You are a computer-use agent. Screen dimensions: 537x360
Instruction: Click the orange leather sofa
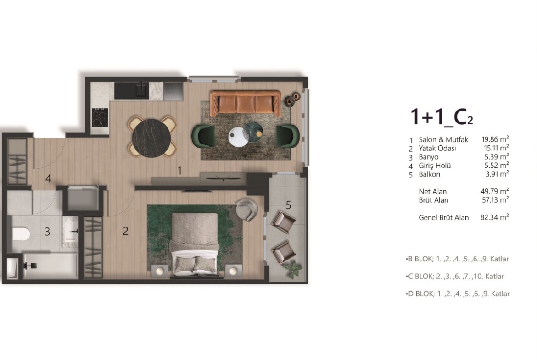click(x=245, y=103)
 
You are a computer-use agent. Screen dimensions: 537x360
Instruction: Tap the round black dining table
click(x=151, y=138)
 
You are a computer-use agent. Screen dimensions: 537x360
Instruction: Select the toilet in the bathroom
click(x=21, y=234)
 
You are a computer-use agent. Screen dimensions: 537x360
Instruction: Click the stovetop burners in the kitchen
click(x=100, y=117)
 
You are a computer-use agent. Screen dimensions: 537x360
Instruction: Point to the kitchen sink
click(x=141, y=89)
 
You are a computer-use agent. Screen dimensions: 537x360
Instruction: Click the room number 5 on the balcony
click(x=288, y=205)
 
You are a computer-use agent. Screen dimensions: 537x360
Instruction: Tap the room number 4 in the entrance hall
click(x=48, y=178)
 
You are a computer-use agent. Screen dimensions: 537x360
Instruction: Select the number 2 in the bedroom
click(x=126, y=231)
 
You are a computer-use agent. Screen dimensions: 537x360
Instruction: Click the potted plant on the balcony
click(x=292, y=268)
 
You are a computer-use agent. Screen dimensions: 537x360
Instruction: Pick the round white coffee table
click(x=238, y=137)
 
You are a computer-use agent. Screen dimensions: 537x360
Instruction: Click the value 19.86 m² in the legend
click(x=495, y=139)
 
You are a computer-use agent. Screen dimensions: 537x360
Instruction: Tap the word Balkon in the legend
click(x=429, y=174)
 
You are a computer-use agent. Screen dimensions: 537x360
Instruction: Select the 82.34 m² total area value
click(x=494, y=217)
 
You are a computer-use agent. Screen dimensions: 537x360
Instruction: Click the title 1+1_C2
click(x=442, y=116)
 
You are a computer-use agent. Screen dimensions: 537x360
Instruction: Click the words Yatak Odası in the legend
click(x=437, y=148)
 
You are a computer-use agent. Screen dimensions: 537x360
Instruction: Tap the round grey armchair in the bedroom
click(x=246, y=210)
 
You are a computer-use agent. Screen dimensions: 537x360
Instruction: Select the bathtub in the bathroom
click(x=50, y=266)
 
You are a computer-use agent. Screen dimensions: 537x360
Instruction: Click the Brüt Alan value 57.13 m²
click(x=495, y=200)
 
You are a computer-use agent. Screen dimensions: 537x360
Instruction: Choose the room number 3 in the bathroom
click(x=47, y=232)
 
